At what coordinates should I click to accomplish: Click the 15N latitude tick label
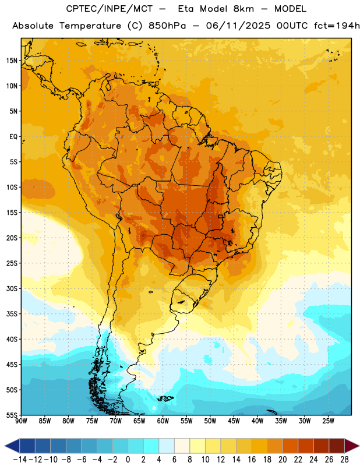[12, 61]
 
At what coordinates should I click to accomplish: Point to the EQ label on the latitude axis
[13, 137]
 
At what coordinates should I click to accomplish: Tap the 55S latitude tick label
[12, 415]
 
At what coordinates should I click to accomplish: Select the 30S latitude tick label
[12, 288]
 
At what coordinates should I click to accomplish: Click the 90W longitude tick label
[21, 421]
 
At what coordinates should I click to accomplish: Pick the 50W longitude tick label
[210, 421]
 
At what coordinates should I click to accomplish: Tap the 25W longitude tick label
[328, 421]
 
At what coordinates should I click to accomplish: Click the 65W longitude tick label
[139, 421]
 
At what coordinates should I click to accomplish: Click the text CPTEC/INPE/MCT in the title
[110, 9]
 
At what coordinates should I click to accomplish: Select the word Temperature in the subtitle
[90, 26]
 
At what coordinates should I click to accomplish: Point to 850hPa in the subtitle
[167, 26]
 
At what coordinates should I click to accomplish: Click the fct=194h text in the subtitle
[337, 26]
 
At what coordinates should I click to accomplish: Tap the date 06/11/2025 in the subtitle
[238, 26]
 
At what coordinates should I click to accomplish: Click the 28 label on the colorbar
[344, 460]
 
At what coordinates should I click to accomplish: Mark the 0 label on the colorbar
[128, 460]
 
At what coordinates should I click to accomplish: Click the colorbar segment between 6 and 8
[182, 446]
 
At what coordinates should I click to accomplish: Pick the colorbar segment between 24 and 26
[321, 446]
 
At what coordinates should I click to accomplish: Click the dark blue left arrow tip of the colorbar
[5, 446]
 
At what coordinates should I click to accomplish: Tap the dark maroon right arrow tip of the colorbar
[358, 446]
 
